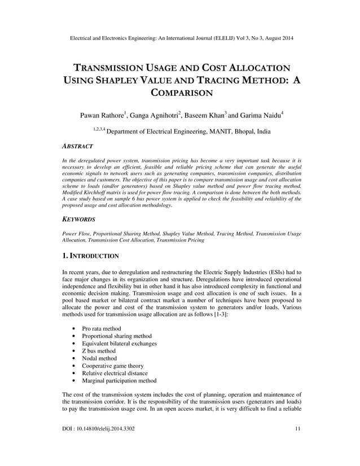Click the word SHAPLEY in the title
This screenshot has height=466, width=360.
click(121, 79)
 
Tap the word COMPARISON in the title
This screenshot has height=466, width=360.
click(181, 93)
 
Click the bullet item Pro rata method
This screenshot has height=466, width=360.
click(102, 328)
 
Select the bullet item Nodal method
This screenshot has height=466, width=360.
click(99, 358)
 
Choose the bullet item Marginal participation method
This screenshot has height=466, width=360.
click(119, 381)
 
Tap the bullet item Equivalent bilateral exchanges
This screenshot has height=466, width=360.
click(120, 343)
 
